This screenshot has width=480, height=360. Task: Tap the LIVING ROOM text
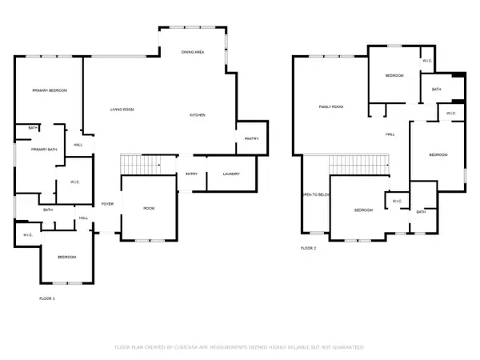pyautogui.click(x=122, y=109)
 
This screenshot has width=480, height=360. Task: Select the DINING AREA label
pyautogui.click(x=193, y=51)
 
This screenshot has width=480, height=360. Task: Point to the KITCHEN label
pyautogui.click(x=198, y=116)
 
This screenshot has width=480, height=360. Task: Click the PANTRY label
pyautogui.click(x=250, y=139)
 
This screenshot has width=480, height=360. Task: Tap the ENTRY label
pyautogui.click(x=191, y=174)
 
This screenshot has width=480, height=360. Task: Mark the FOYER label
pyautogui.click(x=106, y=204)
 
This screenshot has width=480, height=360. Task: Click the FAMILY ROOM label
pyautogui.click(x=330, y=106)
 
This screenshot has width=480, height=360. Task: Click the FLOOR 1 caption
pyautogui.click(x=47, y=298)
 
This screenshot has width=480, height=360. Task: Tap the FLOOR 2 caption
pyautogui.click(x=308, y=249)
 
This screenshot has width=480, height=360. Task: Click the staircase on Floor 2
pyautogui.click(x=359, y=164)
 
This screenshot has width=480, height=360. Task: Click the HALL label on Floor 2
pyautogui.click(x=390, y=134)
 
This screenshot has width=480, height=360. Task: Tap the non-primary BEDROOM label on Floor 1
pyautogui.click(x=66, y=257)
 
